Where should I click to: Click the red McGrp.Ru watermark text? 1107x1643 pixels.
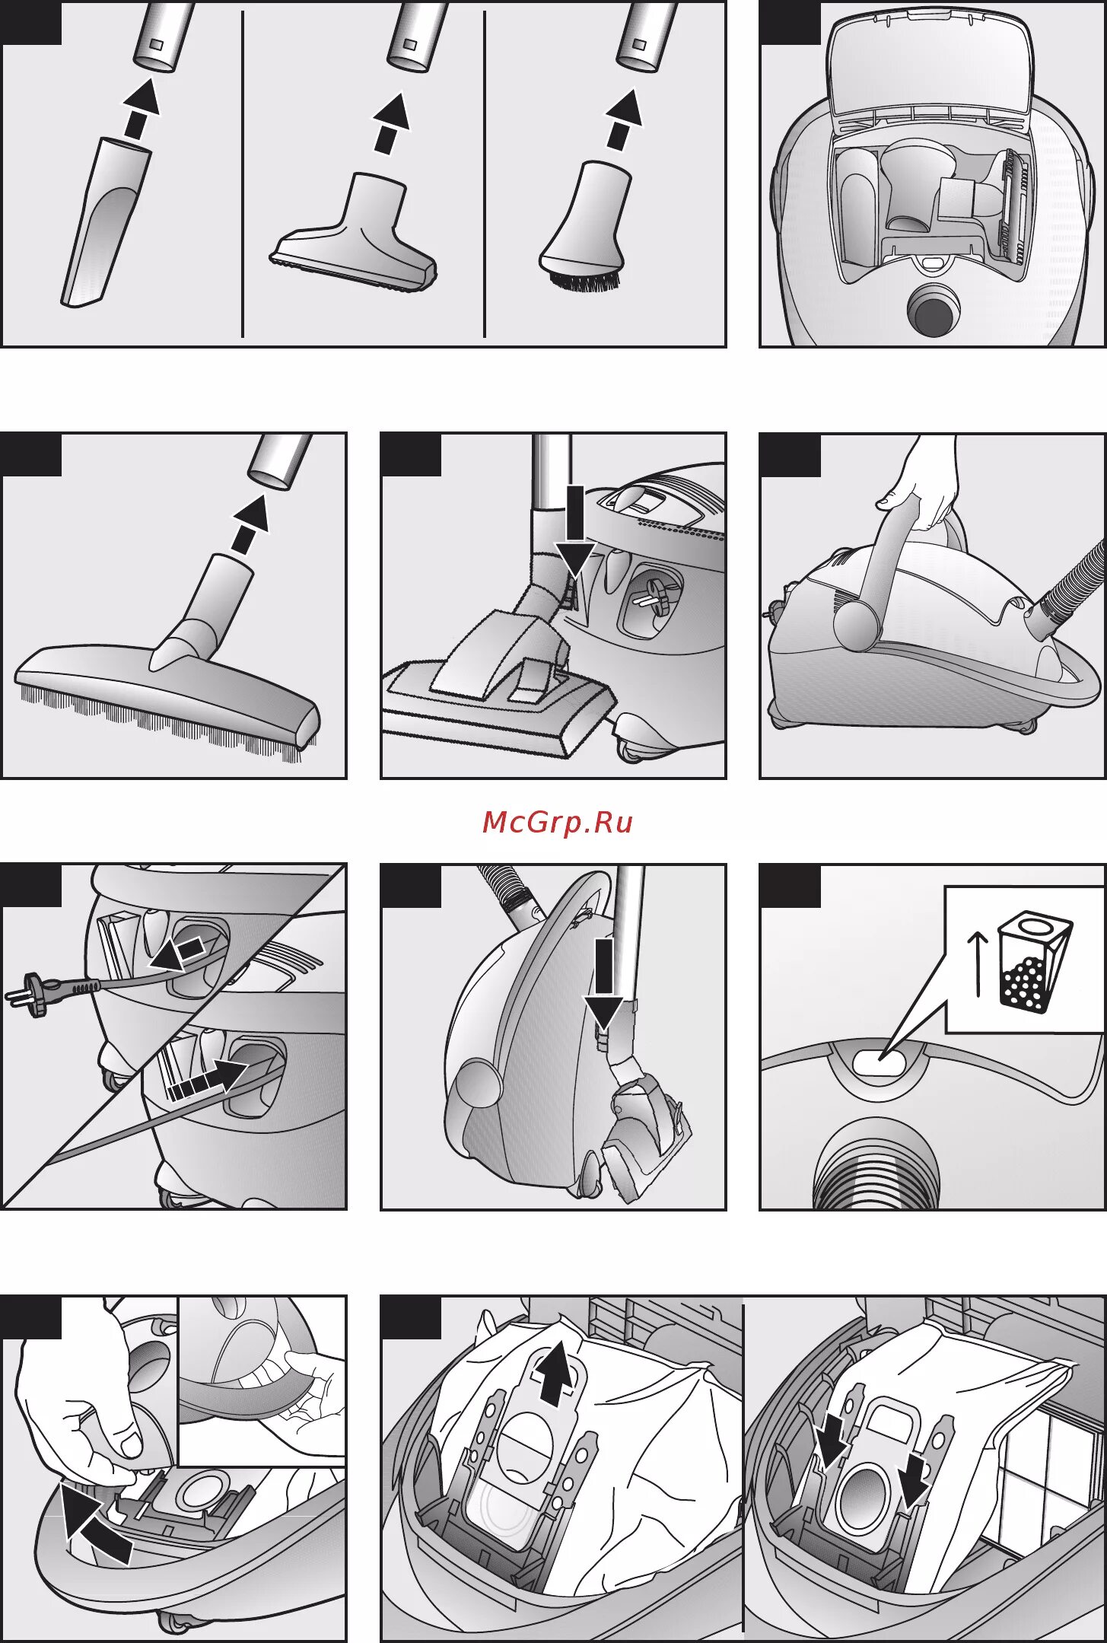point(557,822)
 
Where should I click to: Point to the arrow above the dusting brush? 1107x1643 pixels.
point(623,118)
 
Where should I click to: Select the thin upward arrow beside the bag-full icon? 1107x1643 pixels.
point(978,963)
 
